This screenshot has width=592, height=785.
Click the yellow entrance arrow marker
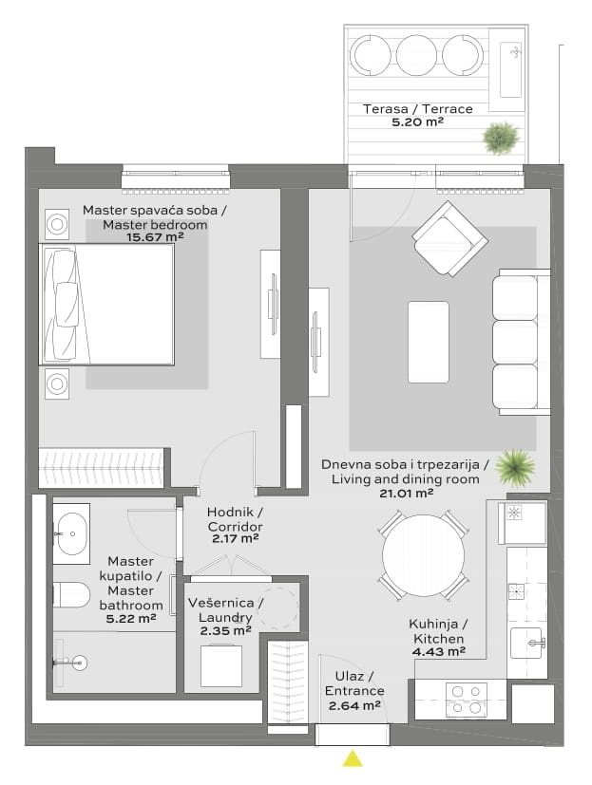(353, 758)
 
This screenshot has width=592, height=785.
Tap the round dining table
(423, 555)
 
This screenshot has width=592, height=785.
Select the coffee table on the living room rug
(429, 342)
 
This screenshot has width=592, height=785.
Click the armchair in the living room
(449, 238)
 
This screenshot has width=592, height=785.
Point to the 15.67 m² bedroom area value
(155, 236)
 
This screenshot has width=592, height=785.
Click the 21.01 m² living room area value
(406, 494)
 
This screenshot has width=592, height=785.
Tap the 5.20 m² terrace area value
(417, 121)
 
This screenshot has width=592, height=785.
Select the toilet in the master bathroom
(71, 595)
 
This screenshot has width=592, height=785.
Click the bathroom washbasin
(71, 533)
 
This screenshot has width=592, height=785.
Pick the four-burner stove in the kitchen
(467, 700)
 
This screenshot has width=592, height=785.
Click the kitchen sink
(526, 643)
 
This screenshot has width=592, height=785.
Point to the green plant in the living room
(515, 468)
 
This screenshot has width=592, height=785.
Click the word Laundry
(225, 617)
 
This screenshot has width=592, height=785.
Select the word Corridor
(235, 527)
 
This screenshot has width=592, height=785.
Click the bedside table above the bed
(57, 224)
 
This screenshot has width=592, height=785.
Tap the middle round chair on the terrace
(416, 54)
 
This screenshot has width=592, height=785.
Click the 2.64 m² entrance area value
(354, 706)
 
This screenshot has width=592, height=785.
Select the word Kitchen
(439, 639)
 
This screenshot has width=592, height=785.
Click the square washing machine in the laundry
(221, 666)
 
